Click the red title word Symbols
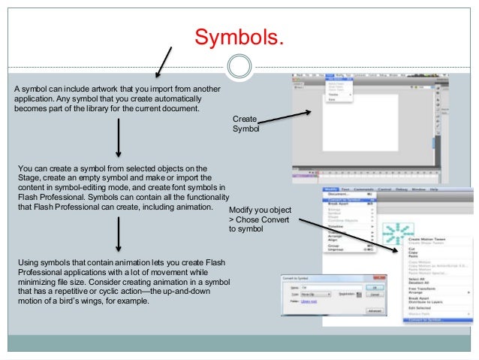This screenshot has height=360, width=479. [x=239, y=35]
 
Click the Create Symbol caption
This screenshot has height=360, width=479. [x=246, y=124]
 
